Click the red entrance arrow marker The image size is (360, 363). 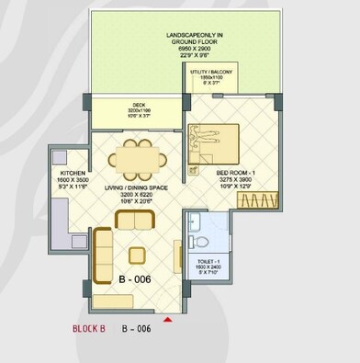pyautogui.click(x=167, y=320)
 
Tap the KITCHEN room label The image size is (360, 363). pyautogui.click(x=73, y=173)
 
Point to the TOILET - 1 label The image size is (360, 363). pyautogui.click(x=208, y=261)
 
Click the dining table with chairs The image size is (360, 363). pyautogui.click(x=140, y=155)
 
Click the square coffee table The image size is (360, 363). pyautogui.click(x=138, y=255)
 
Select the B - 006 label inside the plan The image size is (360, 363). pyautogui.click(x=134, y=278)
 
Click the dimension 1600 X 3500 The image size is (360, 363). pyautogui.click(x=73, y=180)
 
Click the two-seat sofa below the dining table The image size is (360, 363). pyautogui.click(x=135, y=221)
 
